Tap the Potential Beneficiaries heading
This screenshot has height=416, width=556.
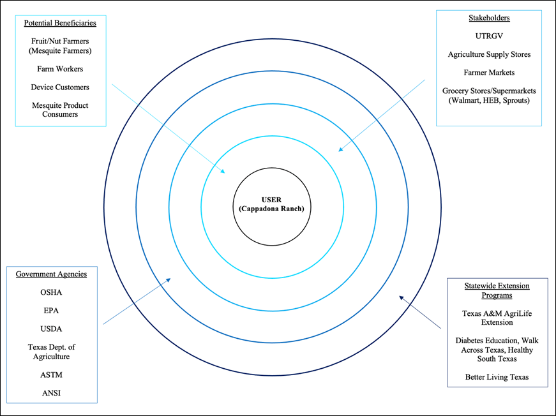coord(60,23)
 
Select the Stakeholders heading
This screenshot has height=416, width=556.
coord(489,18)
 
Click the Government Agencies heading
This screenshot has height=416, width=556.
coord(51,274)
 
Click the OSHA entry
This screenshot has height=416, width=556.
coord(51,292)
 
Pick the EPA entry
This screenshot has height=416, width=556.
coord(51,311)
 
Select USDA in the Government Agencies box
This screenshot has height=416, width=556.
coord(51,329)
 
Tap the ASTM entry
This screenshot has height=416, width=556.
coord(51,375)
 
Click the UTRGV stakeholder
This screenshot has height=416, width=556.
coord(489,36)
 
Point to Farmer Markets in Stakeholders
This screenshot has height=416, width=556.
coord(489,73)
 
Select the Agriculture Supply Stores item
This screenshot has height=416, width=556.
coord(489,55)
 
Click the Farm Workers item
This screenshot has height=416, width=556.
coord(60,69)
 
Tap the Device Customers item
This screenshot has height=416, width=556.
coord(60,87)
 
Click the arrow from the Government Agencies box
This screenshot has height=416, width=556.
coord(137,301)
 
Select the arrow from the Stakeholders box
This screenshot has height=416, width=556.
coord(382,115)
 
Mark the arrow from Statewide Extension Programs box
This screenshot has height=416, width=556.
coord(420,312)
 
